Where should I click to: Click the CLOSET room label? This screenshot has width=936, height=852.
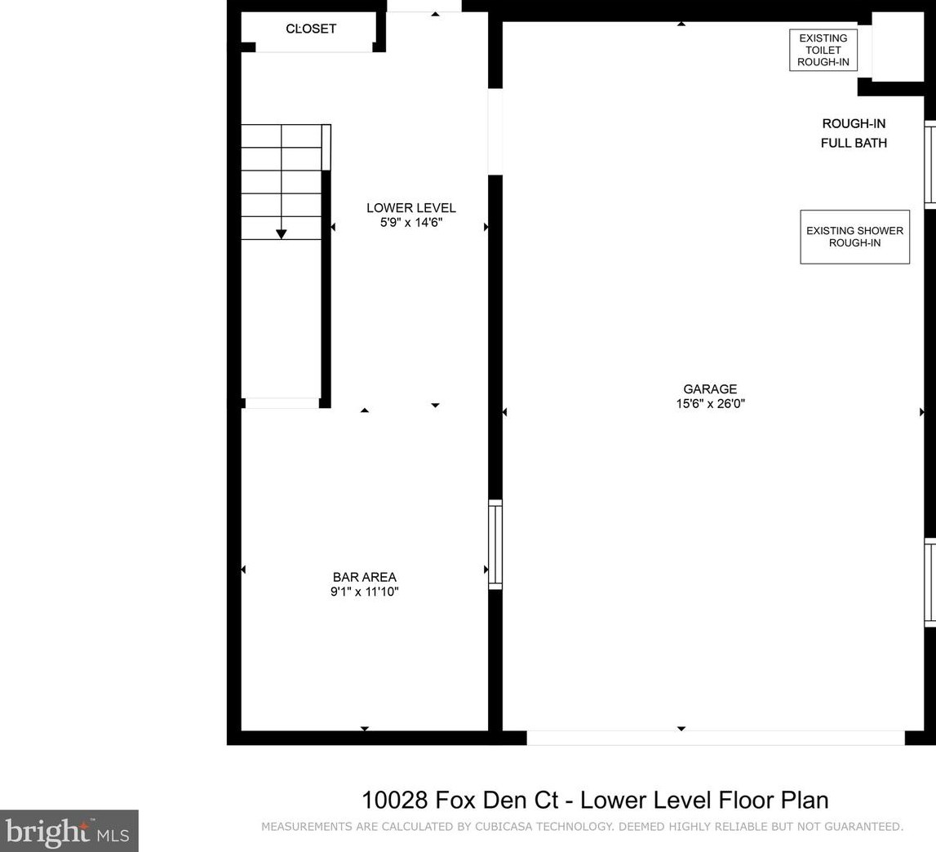311,29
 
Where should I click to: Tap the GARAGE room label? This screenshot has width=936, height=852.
710,388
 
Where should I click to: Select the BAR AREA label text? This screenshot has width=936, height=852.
364,577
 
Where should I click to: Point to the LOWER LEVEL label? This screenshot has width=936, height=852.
410,208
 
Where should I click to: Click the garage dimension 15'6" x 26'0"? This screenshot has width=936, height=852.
710,404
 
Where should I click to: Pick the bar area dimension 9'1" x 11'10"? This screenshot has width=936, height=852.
364,592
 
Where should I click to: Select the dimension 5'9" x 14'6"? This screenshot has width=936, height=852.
411,223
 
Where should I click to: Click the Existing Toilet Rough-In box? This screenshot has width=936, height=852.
823,50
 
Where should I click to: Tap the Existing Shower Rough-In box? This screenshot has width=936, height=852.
855,237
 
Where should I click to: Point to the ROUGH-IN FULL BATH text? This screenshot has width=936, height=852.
854,133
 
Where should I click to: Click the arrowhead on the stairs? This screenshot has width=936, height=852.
282,234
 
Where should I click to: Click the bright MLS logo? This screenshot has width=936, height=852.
69,831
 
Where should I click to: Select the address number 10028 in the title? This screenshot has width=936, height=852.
395,800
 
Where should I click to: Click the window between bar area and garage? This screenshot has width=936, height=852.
495,544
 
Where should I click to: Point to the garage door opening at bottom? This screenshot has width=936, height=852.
715,738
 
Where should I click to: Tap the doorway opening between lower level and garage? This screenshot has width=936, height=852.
495,131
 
